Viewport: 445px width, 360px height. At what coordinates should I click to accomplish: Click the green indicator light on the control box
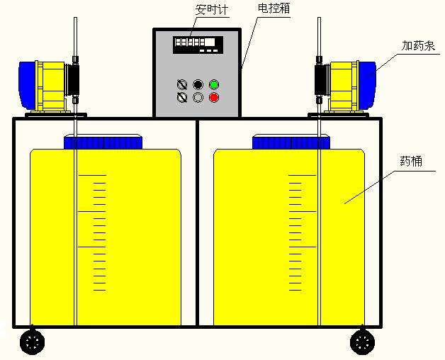[x=214, y=84]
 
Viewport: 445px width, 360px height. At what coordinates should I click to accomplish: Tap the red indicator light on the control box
[x=214, y=97]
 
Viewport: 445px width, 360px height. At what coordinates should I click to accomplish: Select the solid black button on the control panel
[x=198, y=84]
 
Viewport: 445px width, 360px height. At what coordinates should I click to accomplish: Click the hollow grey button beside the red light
[x=198, y=97]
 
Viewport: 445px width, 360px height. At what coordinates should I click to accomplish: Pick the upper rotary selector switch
[x=182, y=84]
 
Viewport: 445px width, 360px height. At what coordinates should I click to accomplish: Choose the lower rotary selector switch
[x=182, y=97]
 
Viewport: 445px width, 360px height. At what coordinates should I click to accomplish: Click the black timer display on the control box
[x=198, y=45]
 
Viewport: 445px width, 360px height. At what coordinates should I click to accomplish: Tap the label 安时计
[x=212, y=10]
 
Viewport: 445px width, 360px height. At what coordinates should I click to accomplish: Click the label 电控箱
[x=274, y=8]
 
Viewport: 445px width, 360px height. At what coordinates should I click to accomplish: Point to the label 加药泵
[x=418, y=45]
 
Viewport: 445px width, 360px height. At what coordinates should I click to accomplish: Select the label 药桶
[x=411, y=162]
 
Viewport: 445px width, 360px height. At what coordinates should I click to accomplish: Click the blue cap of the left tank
[x=103, y=142]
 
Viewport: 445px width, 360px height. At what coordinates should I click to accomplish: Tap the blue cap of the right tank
[x=291, y=142]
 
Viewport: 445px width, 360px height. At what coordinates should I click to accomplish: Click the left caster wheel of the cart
[x=33, y=342]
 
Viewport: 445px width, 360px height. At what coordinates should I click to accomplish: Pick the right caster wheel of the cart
[x=362, y=342]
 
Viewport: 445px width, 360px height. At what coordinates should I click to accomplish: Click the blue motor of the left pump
[x=28, y=86]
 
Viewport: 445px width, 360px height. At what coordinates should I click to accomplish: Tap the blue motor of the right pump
[x=367, y=85]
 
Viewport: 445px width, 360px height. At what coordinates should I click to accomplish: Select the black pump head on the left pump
[x=72, y=80]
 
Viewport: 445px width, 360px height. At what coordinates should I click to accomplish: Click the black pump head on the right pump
[x=322, y=80]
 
